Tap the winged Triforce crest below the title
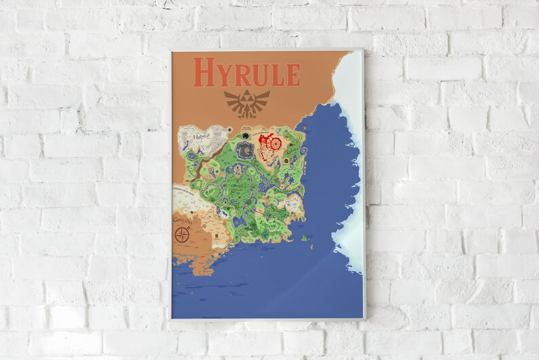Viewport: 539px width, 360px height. [x=246, y=102]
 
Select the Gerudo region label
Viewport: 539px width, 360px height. [x=182, y=221]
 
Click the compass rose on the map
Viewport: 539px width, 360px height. [x=182, y=235]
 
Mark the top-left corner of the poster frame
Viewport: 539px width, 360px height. [x=170, y=49]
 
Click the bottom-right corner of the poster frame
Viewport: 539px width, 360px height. [x=365, y=319]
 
